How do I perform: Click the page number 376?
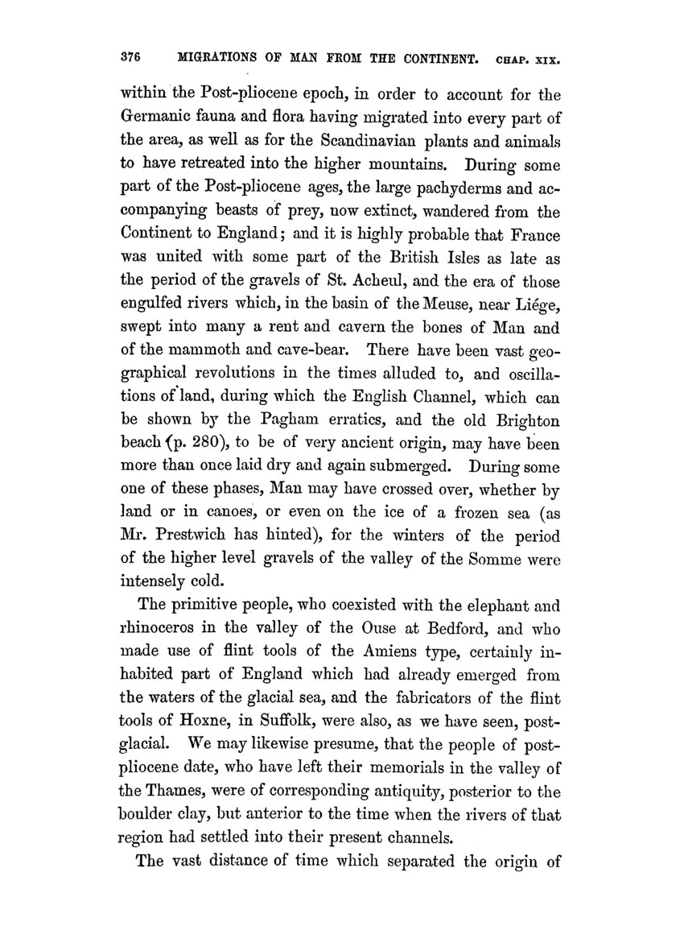pyautogui.click(x=131, y=59)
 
